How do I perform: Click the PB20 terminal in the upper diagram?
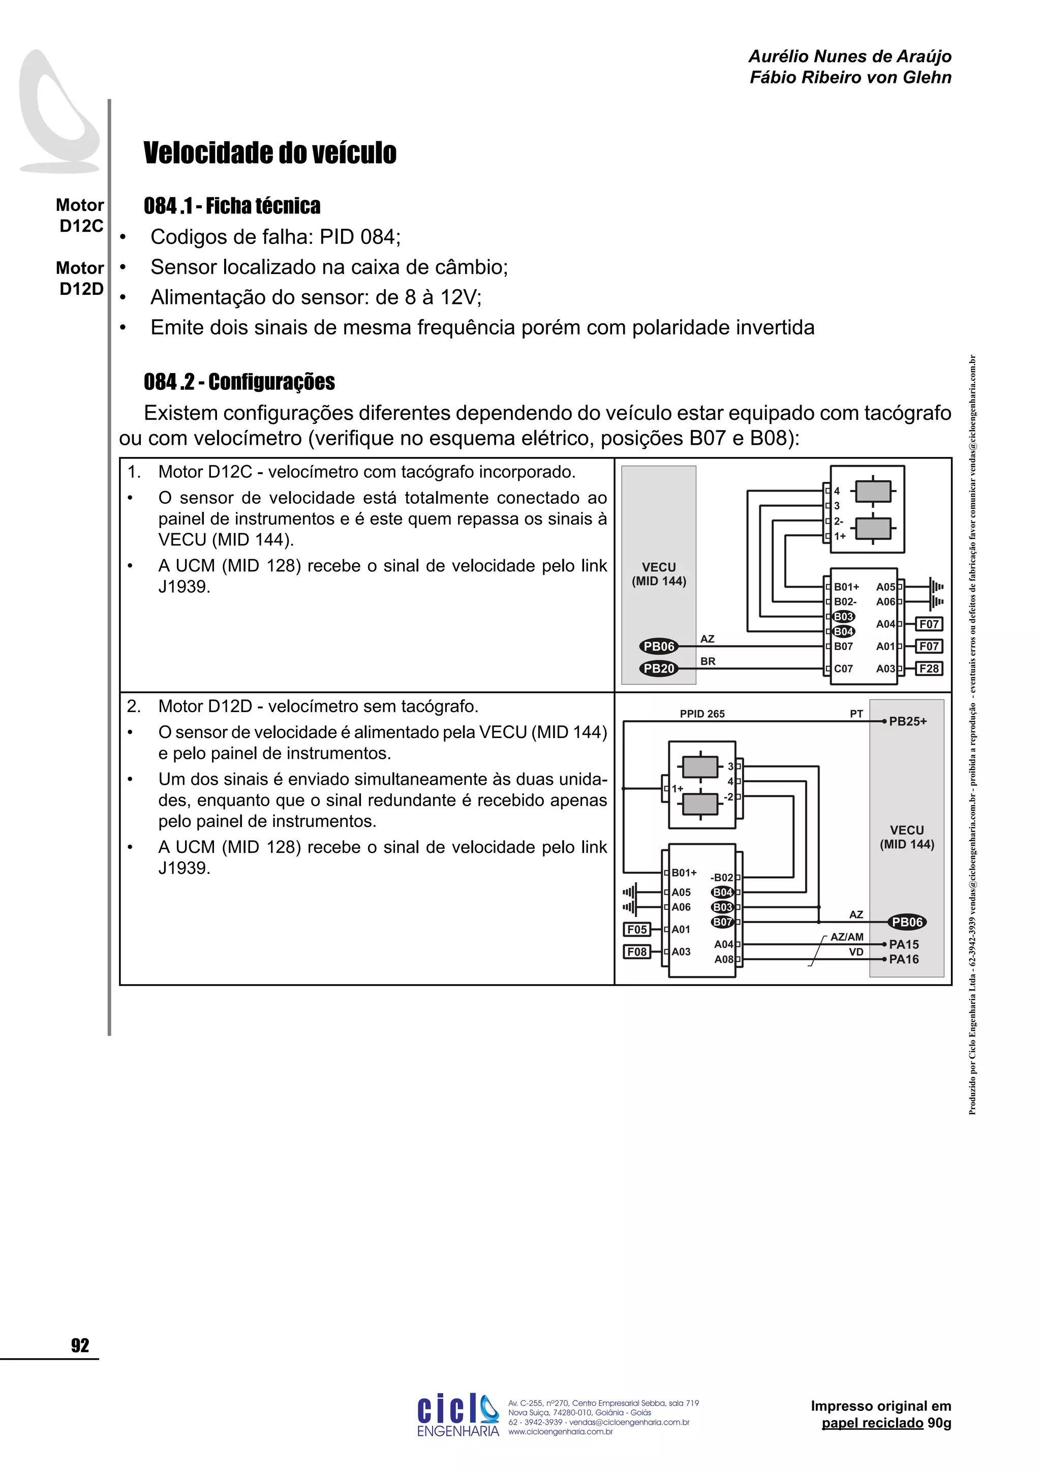pyautogui.click(x=658, y=669)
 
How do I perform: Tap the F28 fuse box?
pyautogui.click(x=929, y=669)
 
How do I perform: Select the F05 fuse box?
pyautogui.click(x=636, y=930)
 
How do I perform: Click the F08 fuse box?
pyautogui.click(x=636, y=952)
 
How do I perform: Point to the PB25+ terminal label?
pyautogui.click(x=908, y=721)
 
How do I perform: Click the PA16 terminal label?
pyautogui.click(x=904, y=959)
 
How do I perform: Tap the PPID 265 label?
pyautogui.click(x=702, y=714)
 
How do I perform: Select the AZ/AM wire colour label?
pyautogui.click(x=847, y=937)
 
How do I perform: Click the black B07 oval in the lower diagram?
pyautogui.click(x=722, y=922)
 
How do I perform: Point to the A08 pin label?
pyautogui.click(x=724, y=959)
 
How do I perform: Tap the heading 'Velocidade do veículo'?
pyautogui.click(x=270, y=152)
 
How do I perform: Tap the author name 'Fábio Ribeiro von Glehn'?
pyautogui.click(x=850, y=78)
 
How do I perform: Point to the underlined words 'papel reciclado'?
pyautogui.click(x=872, y=1423)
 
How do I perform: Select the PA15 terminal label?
pyautogui.click(x=904, y=944)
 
